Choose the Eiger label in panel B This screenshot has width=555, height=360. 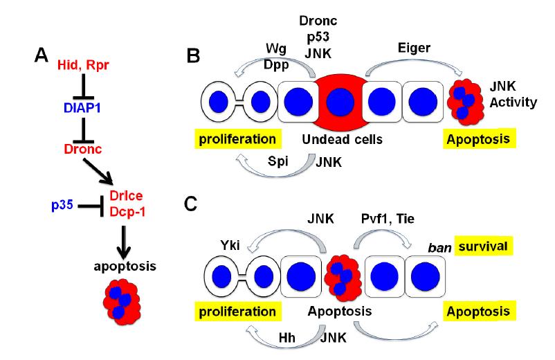(401, 48)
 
